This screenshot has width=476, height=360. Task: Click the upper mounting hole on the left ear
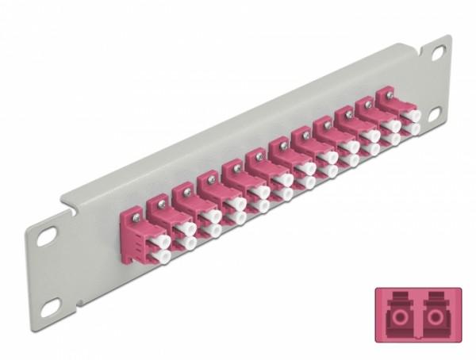click(47, 236)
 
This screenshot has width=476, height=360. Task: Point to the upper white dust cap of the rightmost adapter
click(411, 116)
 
